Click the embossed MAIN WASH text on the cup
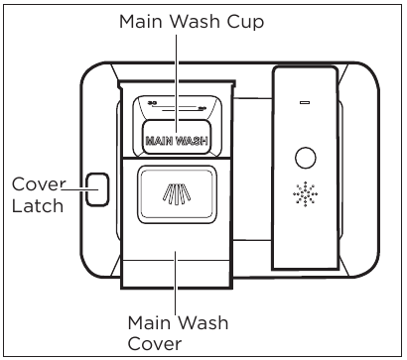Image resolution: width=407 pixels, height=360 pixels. pyautogui.click(x=176, y=141)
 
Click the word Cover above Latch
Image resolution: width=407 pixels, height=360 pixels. pyautogui.click(x=35, y=183)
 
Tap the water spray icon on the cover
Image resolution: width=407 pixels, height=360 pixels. pyautogui.click(x=176, y=190)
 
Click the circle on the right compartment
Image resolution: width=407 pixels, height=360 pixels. pyautogui.click(x=306, y=158)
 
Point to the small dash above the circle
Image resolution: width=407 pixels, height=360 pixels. pyautogui.click(x=306, y=101)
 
